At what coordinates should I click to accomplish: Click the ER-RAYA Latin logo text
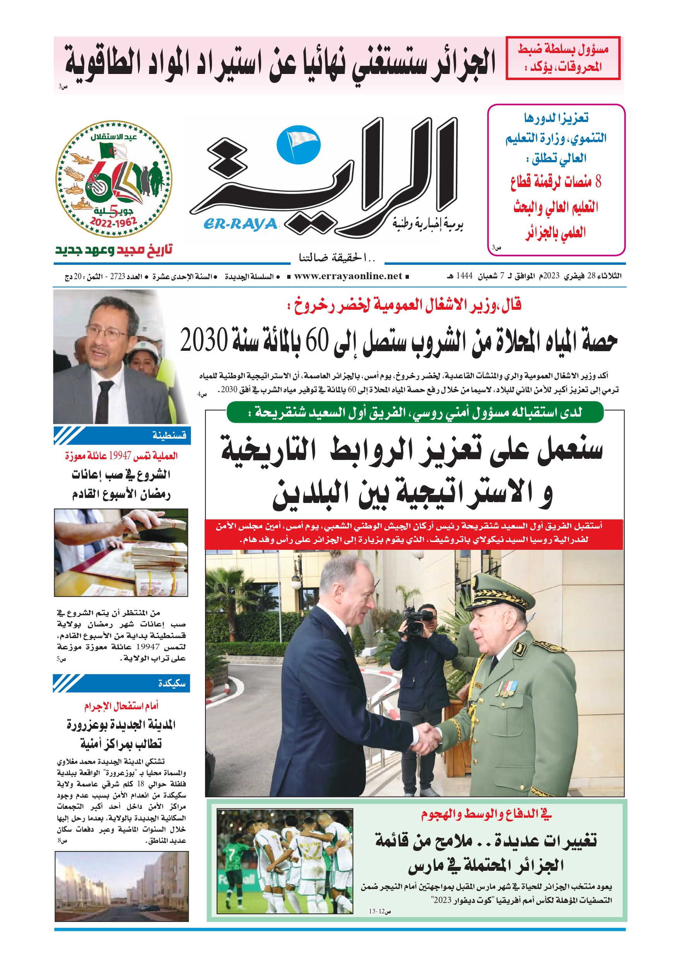[241, 224]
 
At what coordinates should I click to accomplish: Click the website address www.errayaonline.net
[348, 276]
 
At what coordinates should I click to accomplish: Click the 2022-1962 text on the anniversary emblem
[113, 222]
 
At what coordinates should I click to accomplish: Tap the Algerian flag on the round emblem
[113, 150]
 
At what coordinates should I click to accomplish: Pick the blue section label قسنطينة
[169, 435]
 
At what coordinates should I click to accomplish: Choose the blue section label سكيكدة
[171, 683]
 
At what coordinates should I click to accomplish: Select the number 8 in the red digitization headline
[598, 182]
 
